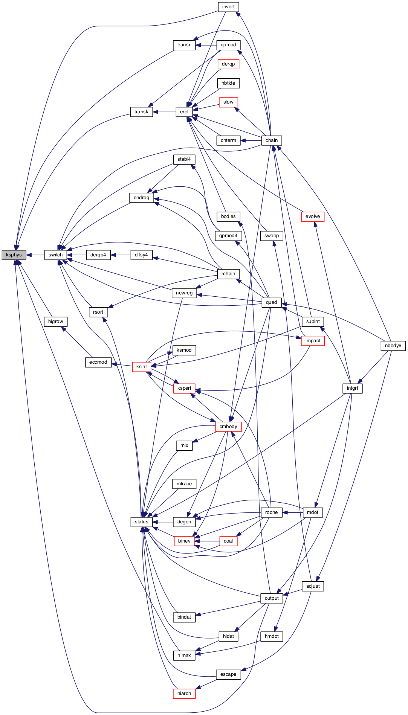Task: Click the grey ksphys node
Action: pos(14,255)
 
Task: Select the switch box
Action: pos(55,255)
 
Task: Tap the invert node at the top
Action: pos(228,7)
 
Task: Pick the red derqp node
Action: pos(228,64)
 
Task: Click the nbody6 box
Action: pos(393,346)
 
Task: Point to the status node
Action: pos(142,522)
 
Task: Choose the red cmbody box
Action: pos(228,427)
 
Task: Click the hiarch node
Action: pos(184,694)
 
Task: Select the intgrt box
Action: pos(353,388)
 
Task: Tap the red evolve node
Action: pos(313,216)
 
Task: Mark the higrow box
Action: pos(56,322)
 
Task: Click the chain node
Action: pos(272,140)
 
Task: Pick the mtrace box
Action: pos(184,484)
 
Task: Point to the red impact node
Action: pos(313,341)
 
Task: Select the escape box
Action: pos(228,674)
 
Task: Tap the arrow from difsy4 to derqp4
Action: pos(120,255)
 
